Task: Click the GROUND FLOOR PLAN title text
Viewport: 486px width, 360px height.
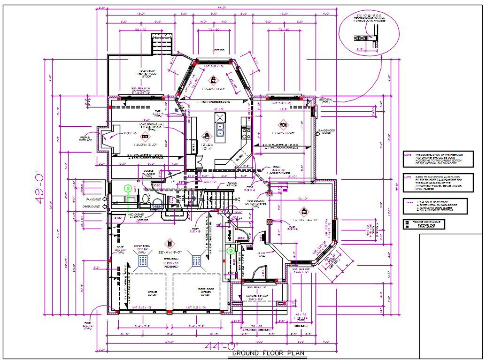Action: tap(268, 353)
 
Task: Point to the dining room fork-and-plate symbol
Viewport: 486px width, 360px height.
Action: tap(283, 125)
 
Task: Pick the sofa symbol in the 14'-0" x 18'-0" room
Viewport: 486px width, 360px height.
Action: tap(145, 137)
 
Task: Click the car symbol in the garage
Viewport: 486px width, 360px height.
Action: tap(169, 244)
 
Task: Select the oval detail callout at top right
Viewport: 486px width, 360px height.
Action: tap(371, 31)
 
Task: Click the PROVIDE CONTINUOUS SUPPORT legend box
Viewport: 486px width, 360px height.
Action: tap(423, 224)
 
